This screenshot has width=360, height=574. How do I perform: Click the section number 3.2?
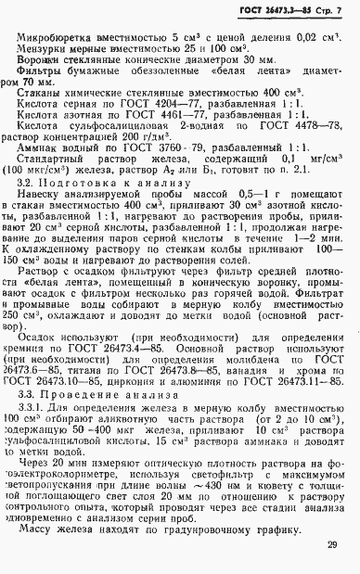click(26, 210)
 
